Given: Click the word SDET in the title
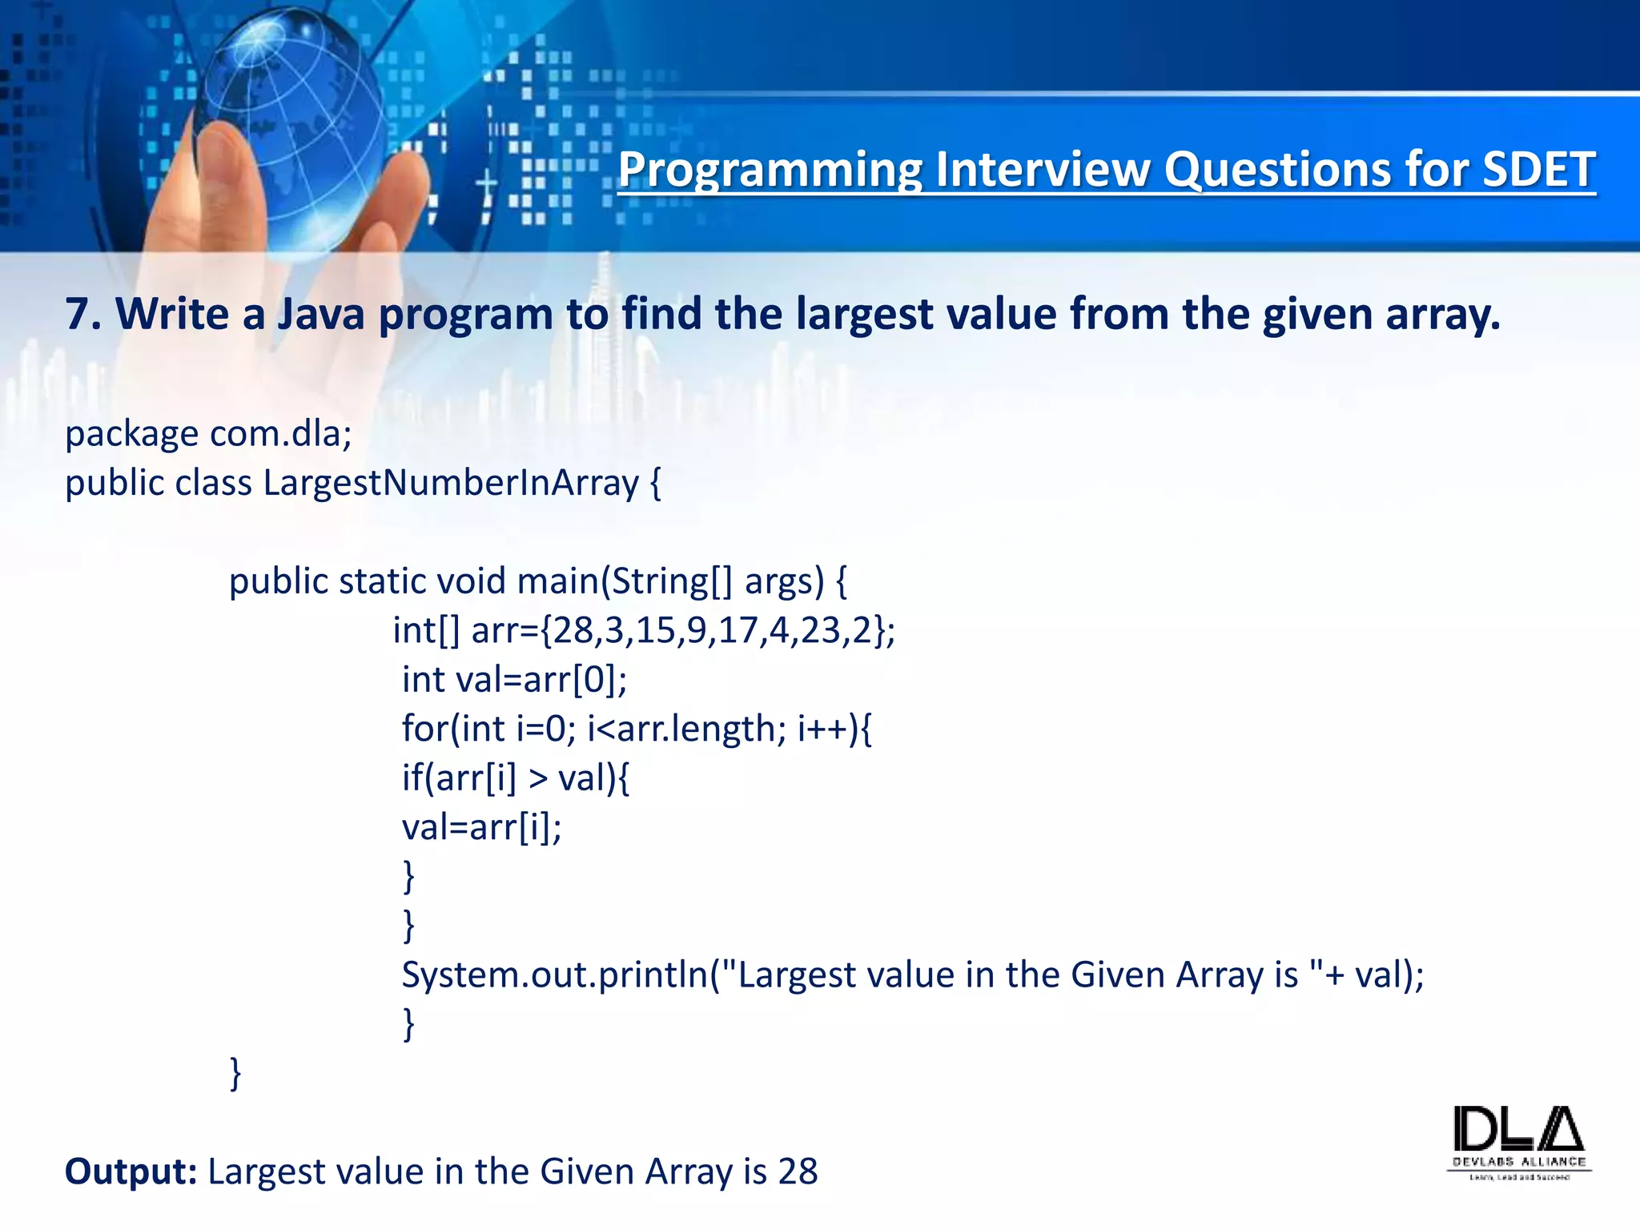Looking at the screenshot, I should click(1538, 170).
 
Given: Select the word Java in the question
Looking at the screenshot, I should click(320, 314).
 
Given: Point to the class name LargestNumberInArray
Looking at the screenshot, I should click(451, 483).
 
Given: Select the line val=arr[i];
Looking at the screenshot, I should click(481, 827).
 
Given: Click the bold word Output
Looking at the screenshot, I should click(131, 1172).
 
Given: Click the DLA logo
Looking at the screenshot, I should click(1518, 1141).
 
